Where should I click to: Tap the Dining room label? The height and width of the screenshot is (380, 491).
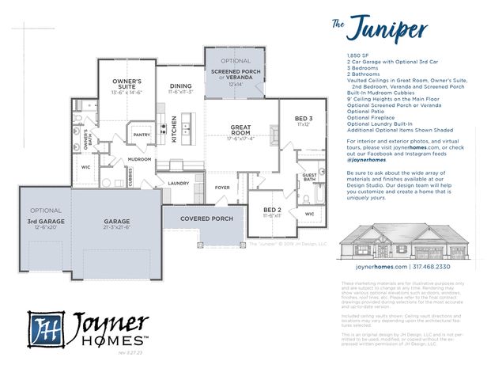(180, 88)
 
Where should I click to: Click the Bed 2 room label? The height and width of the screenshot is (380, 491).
(272, 210)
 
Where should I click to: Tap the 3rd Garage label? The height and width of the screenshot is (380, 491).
(46, 222)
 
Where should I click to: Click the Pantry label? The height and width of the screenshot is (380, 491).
(142, 135)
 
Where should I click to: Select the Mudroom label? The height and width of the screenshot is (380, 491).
(139, 159)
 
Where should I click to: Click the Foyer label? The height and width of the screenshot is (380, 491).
(222, 188)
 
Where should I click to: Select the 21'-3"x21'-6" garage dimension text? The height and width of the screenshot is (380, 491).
(116, 227)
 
